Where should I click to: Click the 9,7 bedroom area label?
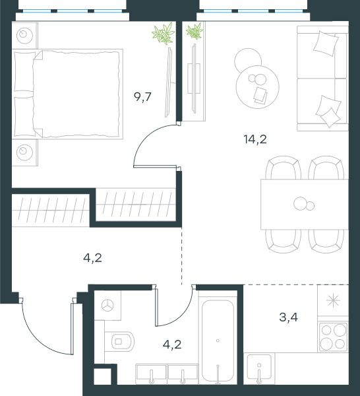tap(142, 97)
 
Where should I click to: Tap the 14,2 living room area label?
tap(255, 139)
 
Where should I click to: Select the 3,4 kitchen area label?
tap(288, 317)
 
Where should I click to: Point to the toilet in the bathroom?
tap(119, 341)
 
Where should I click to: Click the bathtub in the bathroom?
tap(218, 341)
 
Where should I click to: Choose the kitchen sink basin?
tap(259, 367)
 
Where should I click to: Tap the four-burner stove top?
tap(333, 337)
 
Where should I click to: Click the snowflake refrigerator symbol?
tap(333, 300)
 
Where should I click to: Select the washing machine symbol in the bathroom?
tap(107, 306)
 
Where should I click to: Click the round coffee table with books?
tap(258, 87)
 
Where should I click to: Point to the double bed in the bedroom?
tap(68, 94)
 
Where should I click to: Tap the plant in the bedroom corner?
tap(164, 34)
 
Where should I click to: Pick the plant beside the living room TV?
tap(195, 31)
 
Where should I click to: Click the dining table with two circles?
tap(304, 205)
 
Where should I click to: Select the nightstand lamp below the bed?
tap(24, 152)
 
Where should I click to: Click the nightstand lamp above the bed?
tap(24, 36)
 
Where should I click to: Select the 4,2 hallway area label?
tap(92, 258)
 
